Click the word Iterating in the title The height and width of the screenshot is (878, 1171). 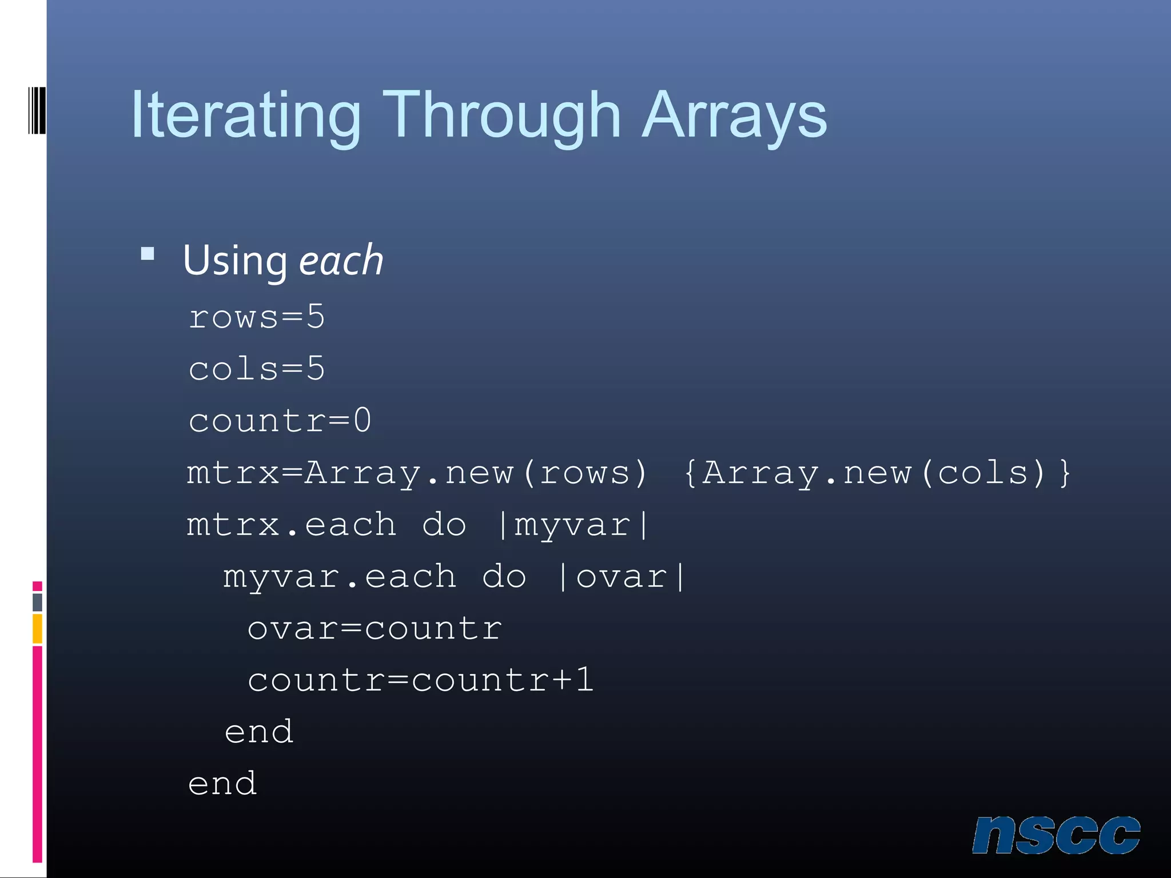[246, 116]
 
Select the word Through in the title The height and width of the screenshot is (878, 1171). [501, 116]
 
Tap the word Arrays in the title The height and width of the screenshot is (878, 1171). [734, 116]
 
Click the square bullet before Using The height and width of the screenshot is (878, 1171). [148, 254]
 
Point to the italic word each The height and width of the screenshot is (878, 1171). [341, 261]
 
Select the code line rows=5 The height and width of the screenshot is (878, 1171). [257, 317]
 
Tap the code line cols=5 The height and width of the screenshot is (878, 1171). [257, 369]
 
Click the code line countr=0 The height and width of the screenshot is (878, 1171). [280, 421]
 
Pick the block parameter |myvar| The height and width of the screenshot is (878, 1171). [573, 525]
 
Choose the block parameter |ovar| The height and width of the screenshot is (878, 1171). [622, 576]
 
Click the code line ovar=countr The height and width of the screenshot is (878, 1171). [375, 628]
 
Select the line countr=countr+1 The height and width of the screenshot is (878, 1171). [421, 680]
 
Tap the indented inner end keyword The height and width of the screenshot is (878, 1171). [259, 732]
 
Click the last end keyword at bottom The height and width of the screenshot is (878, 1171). [222, 784]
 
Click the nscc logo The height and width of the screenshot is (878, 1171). [1056, 835]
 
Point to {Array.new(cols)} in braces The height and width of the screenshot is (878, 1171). [877, 473]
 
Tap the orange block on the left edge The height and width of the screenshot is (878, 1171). [37, 628]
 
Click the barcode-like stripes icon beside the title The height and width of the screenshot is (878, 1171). [37, 110]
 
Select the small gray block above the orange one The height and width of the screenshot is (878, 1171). [37, 602]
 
